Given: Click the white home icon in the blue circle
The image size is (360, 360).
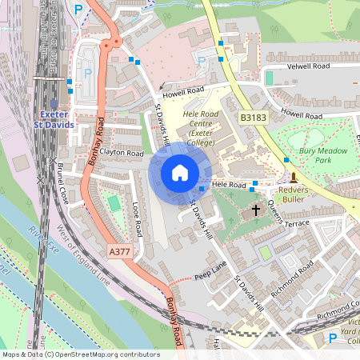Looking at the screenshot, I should click(x=180, y=173).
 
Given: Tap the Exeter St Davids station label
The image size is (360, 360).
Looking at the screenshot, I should click(x=57, y=120).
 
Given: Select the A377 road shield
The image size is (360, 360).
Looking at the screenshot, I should click(x=119, y=251).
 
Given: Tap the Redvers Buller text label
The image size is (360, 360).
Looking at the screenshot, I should click(x=298, y=196).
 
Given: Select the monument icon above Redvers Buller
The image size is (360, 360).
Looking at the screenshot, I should click(x=294, y=177).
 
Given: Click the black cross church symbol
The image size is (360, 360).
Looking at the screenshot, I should click(x=256, y=210).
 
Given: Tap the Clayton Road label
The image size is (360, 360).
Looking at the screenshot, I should click(x=122, y=152).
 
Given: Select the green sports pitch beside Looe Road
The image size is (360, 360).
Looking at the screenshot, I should click(x=115, y=203).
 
